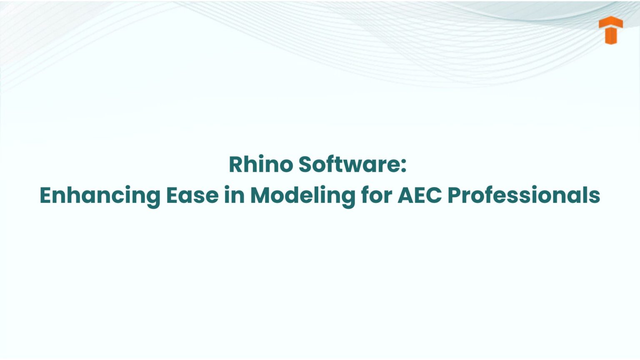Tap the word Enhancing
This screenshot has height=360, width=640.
(100, 195)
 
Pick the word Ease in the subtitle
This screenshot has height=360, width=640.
(192, 195)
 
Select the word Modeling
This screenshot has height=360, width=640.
(302, 195)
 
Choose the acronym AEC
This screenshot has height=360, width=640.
(420, 195)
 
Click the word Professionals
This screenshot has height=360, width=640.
(524, 195)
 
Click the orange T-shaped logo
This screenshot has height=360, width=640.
(610, 30)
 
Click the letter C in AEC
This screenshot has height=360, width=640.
(434, 195)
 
